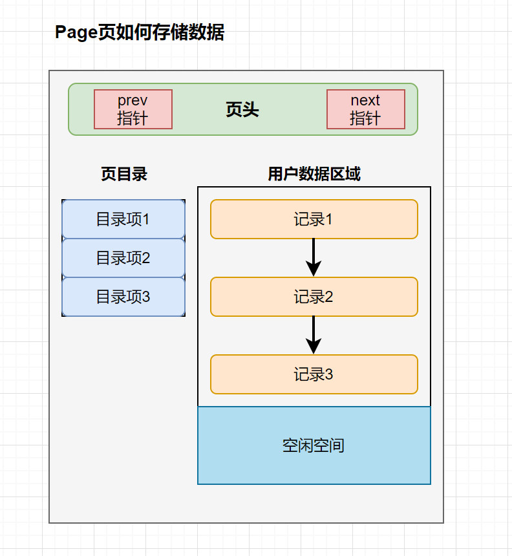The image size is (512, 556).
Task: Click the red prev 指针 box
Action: pyautogui.click(x=133, y=109)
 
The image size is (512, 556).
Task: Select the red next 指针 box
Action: pyautogui.click(x=366, y=109)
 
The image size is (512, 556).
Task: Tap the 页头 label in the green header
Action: pyautogui.click(x=242, y=110)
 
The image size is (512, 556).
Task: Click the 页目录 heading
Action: pyautogui.click(x=123, y=174)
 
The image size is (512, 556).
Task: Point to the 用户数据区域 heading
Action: pyautogui.click(x=314, y=174)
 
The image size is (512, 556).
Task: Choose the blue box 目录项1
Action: pyautogui.click(x=123, y=219)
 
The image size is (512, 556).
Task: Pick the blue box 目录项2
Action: pyautogui.click(x=123, y=258)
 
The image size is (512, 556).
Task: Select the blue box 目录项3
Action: pyautogui.click(x=123, y=297)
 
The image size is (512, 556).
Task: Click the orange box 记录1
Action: pyautogui.click(x=314, y=219)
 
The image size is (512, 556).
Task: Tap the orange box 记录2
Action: pyautogui.click(x=314, y=297)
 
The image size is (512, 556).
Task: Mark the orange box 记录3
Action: pyautogui.click(x=314, y=374)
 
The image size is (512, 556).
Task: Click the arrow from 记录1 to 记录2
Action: pyautogui.click(x=314, y=257)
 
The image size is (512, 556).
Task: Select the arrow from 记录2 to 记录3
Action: pyautogui.click(x=314, y=335)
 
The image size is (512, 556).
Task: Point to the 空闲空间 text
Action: pyautogui.click(x=314, y=445)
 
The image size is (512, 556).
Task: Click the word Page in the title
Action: pyautogui.click(x=76, y=33)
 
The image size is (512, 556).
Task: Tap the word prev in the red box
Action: pyautogui.click(x=133, y=100)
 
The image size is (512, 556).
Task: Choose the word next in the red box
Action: pyautogui.click(x=365, y=100)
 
